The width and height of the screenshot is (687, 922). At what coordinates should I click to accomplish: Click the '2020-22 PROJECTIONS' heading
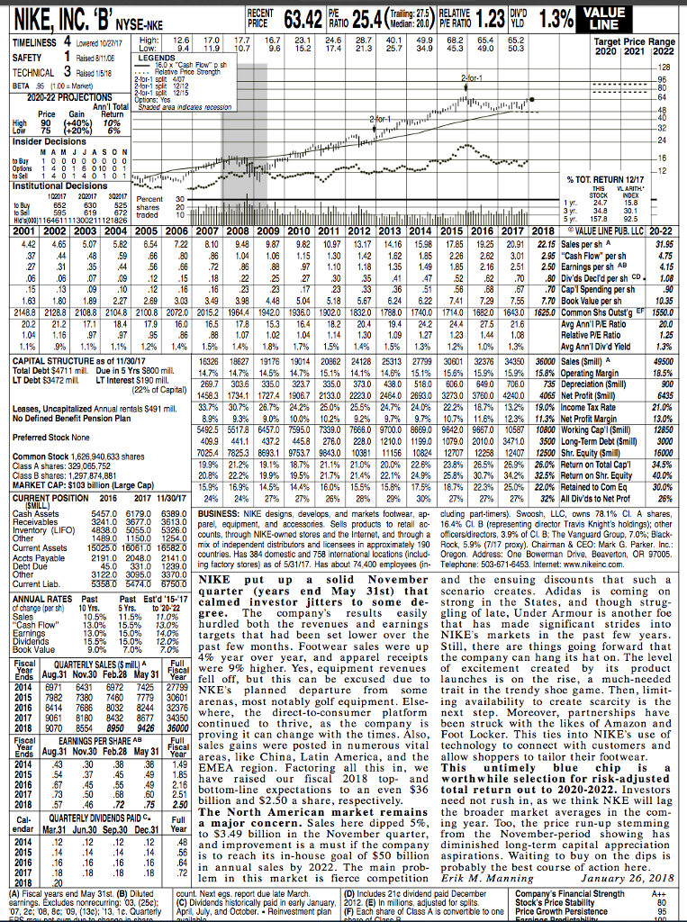coord(50,93)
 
